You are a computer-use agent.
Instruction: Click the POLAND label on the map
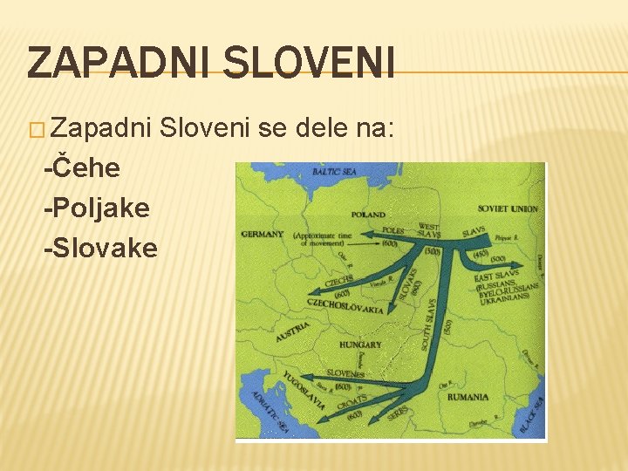(x=369, y=214)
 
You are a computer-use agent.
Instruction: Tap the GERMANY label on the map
(x=263, y=234)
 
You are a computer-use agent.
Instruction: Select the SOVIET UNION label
(x=508, y=209)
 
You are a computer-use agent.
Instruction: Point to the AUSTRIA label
(x=292, y=331)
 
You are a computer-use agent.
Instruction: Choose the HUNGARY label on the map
(x=361, y=345)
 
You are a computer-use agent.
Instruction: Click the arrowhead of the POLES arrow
(x=367, y=234)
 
